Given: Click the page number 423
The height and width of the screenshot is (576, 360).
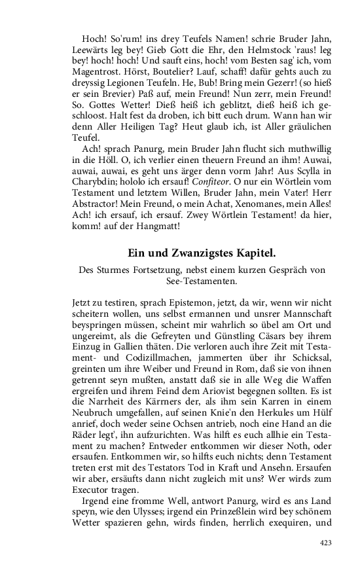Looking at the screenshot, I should (325, 543).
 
